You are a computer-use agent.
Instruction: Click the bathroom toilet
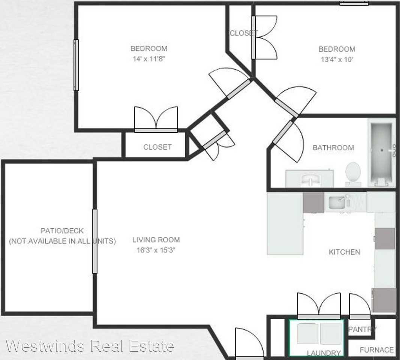353,172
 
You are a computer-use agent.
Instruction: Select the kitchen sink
340,203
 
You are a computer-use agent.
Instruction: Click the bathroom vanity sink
310,179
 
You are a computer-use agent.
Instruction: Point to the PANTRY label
362,330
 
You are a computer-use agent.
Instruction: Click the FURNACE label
376,350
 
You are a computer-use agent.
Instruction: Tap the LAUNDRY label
324,353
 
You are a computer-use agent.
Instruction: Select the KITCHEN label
344,252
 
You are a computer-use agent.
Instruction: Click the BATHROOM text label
333,148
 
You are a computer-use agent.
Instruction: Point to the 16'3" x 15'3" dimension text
156,250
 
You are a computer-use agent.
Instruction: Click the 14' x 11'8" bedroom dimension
148,58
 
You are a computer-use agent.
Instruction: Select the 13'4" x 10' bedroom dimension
337,59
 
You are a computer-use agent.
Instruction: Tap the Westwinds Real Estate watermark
90,346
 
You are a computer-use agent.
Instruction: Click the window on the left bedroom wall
76,65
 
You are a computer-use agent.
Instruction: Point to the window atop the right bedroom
354,3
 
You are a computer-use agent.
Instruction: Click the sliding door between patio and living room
94,241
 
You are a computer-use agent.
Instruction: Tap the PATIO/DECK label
62,231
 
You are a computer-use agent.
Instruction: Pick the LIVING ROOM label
156,240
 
